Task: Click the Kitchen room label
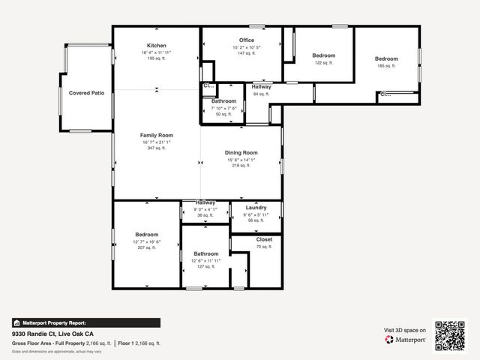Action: pyautogui.click(x=156, y=46)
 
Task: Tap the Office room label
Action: pyautogui.click(x=247, y=40)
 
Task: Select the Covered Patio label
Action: pyautogui.click(x=86, y=93)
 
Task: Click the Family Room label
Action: pyautogui.click(x=156, y=135)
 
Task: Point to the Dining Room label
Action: pyautogui.click(x=241, y=153)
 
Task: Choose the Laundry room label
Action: pyautogui.click(x=256, y=207)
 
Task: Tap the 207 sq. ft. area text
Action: pyautogui.click(x=145, y=247)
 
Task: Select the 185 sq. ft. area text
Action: pyautogui.click(x=386, y=66)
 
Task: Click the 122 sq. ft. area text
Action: pyautogui.click(x=323, y=63)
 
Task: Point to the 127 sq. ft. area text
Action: pyautogui.click(x=205, y=266)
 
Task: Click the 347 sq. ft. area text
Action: pyautogui.click(x=156, y=148)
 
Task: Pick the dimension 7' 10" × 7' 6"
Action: pyautogui.click(x=223, y=108)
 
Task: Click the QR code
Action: pyautogui.click(x=450, y=335)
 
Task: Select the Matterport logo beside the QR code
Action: pyautogui.click(x=406, y=340)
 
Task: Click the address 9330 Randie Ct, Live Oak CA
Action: pyautogui.click(x=52, y=334)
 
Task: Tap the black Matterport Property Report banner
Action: pyautogui.click(x=85, y=322)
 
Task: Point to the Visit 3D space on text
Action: pyautogui.click(x=405, y=330)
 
